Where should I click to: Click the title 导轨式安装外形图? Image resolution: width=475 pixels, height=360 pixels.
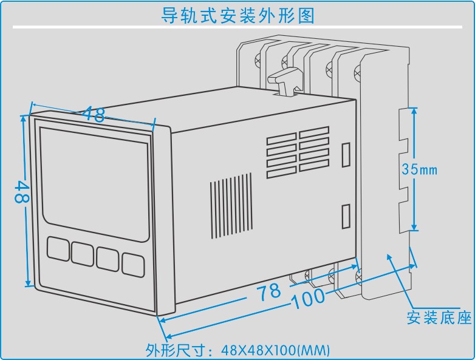237,15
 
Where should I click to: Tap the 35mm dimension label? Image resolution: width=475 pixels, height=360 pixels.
419,169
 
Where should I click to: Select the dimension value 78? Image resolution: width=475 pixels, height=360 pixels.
268,291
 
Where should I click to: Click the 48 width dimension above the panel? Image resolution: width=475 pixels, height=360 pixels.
94,114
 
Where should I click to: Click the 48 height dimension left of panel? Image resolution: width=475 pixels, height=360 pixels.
21,194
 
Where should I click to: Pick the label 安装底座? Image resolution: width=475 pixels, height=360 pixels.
439,317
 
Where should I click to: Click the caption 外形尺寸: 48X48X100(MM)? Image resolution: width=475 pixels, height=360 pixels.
237,350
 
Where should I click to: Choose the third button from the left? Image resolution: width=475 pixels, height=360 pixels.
107,258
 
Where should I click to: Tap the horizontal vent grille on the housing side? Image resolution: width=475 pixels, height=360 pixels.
298,152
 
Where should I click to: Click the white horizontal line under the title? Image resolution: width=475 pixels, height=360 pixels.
237,27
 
